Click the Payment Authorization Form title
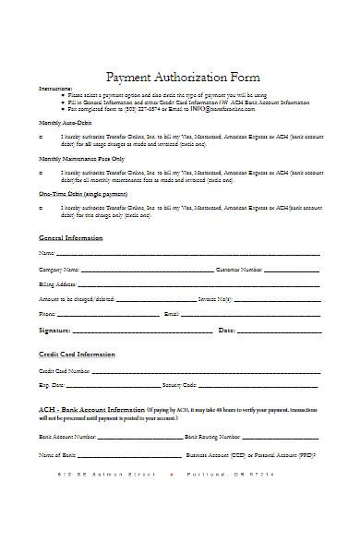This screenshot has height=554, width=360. [x=184, y=77]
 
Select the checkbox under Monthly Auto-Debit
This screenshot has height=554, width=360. [x=41, y=136]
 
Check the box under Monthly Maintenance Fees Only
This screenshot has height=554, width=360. [x=41, y=173]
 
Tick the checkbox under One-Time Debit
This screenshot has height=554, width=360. [x=41, y=209]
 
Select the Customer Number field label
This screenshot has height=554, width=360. [x=241, y=269]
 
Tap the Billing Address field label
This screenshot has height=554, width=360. [x=55, y=284]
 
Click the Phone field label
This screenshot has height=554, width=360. [x=47, y=314]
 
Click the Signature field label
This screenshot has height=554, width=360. [x=54, y=330]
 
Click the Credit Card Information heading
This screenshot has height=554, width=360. [x=77, y=354]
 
